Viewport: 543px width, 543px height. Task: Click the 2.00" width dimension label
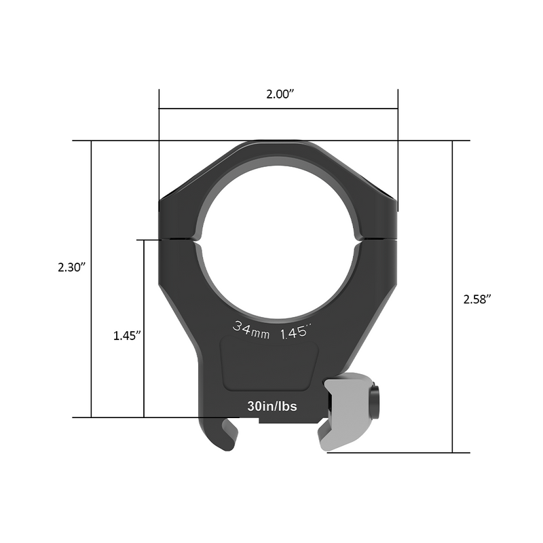pos(278,94)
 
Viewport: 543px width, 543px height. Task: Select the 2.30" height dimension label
pos(71,267)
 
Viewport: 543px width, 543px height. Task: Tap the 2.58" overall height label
pos(476,299)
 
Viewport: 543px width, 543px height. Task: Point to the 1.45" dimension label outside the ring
pos(127,335)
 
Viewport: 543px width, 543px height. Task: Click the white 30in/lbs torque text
pos(272,407)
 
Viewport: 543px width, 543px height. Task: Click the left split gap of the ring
pos(179,239)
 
